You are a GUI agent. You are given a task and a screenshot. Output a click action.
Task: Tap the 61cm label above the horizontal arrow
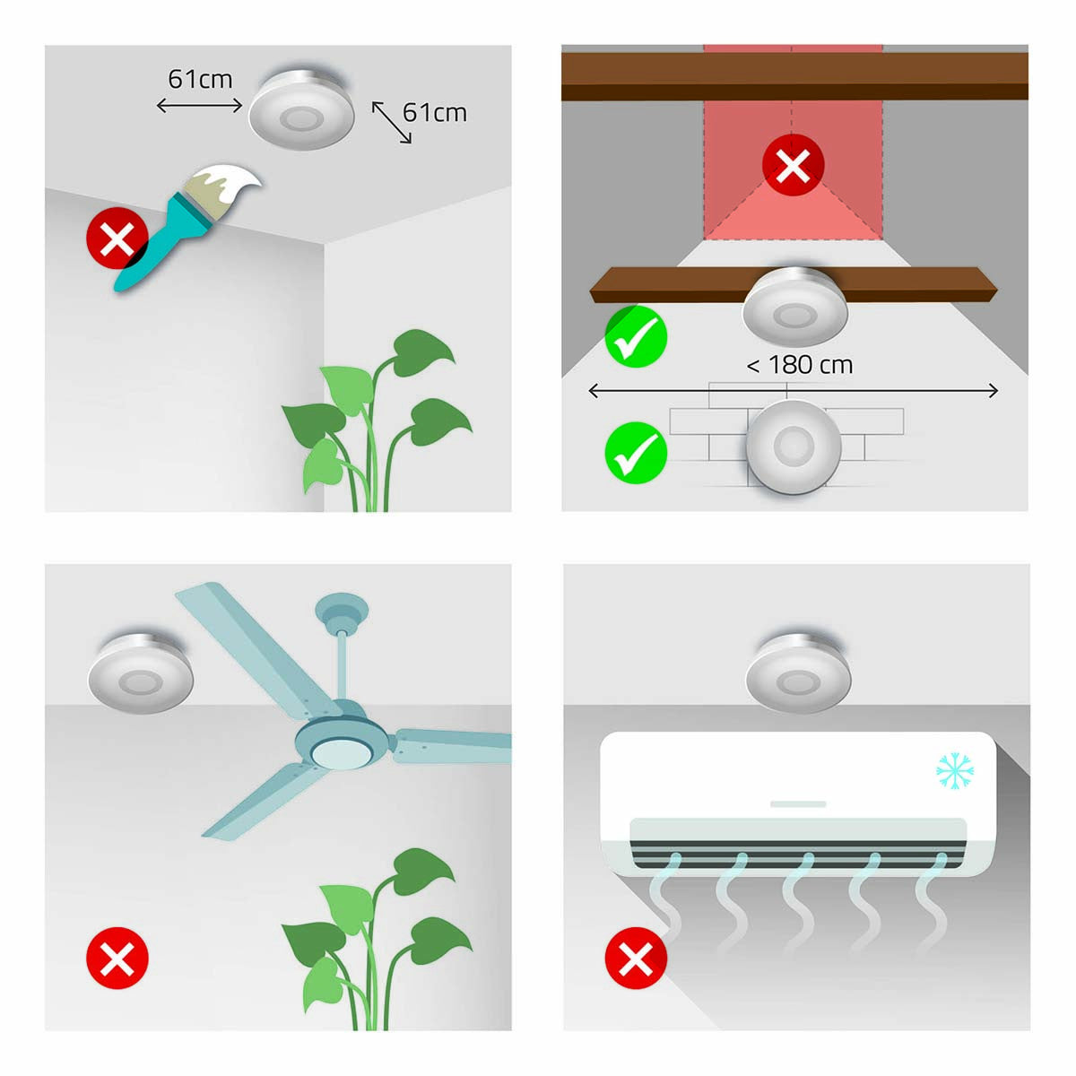[200, 79]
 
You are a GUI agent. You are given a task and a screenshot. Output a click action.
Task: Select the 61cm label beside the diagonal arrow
[435, 112]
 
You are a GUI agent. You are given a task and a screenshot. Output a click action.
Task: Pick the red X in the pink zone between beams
[793, 166]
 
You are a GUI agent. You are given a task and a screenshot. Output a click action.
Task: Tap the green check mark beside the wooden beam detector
[637, 336]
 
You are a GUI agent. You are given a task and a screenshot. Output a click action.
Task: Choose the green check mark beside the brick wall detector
[637, 453]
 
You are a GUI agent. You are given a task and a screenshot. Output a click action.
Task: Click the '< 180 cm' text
[800, 365]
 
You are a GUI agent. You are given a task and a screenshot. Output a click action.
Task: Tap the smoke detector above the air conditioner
[798, 672]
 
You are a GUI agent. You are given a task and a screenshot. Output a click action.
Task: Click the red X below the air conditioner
[637, 959]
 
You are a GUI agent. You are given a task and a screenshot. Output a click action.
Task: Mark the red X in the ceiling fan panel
[117, 959]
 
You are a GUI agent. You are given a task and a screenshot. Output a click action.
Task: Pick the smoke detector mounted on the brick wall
[793, 446]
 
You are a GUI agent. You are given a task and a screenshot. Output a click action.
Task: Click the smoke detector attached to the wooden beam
[794, 309]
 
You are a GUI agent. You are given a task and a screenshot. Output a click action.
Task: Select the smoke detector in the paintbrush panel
[301, 109]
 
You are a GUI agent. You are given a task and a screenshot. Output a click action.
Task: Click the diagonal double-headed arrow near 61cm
[392, 123]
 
